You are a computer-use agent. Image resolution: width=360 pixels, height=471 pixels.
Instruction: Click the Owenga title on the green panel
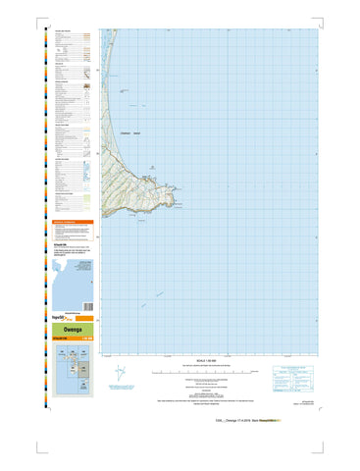(x=70, y=332)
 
